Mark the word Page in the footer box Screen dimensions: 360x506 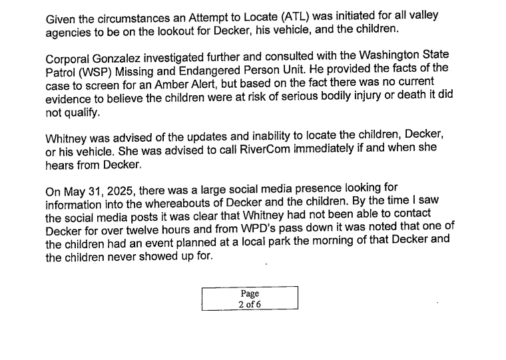[x=250, y=293]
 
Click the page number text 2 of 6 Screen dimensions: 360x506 [x=250, y=304]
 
